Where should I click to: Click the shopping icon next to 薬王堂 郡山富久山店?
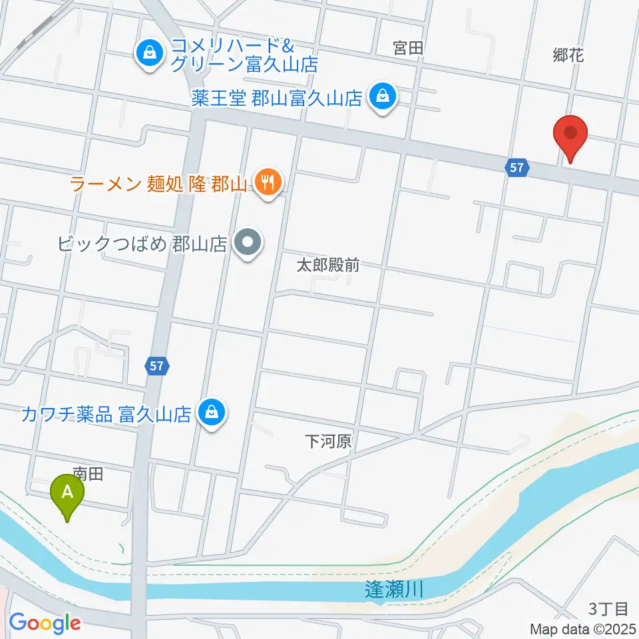[x=383, y=98]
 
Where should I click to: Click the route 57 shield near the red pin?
[x=517, y=168]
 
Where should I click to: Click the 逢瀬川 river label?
[x=395, y=589]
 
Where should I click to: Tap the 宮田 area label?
[x=408, y=48]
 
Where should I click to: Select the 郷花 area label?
[x=568, y=56]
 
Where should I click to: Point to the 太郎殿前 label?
[x=327, y=266]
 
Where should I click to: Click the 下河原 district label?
[x=327, y=441]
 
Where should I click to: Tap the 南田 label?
[x=89, y=474]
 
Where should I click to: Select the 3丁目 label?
[x=608, y=608]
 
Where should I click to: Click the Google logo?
[x=45, y=623]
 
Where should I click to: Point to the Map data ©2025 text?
[x=584, y=628]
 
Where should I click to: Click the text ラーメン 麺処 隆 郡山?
[x=158, y=183]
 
